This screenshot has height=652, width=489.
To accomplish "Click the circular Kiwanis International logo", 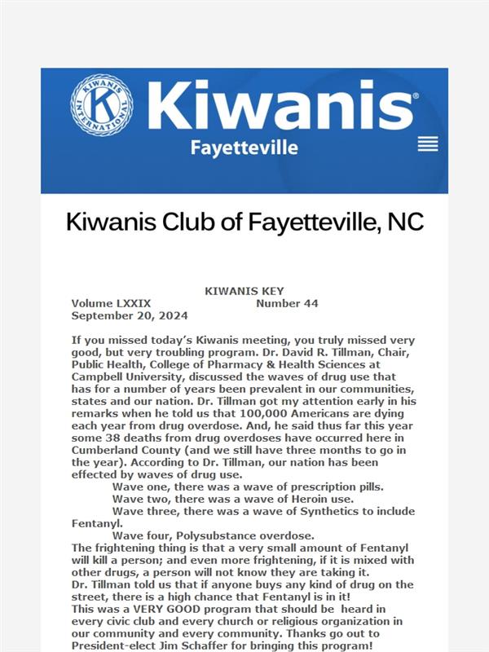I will pos(102,106).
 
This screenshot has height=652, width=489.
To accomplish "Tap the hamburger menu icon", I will pos(428,144).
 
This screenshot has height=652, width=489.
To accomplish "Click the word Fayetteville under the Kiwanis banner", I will pos(244,148).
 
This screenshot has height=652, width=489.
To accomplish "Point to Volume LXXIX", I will pos(111,303).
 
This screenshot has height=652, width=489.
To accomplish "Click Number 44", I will pos(287,303).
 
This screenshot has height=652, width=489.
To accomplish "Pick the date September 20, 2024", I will pos(130,315).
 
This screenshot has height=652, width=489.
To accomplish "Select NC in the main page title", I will pos(405,222).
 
